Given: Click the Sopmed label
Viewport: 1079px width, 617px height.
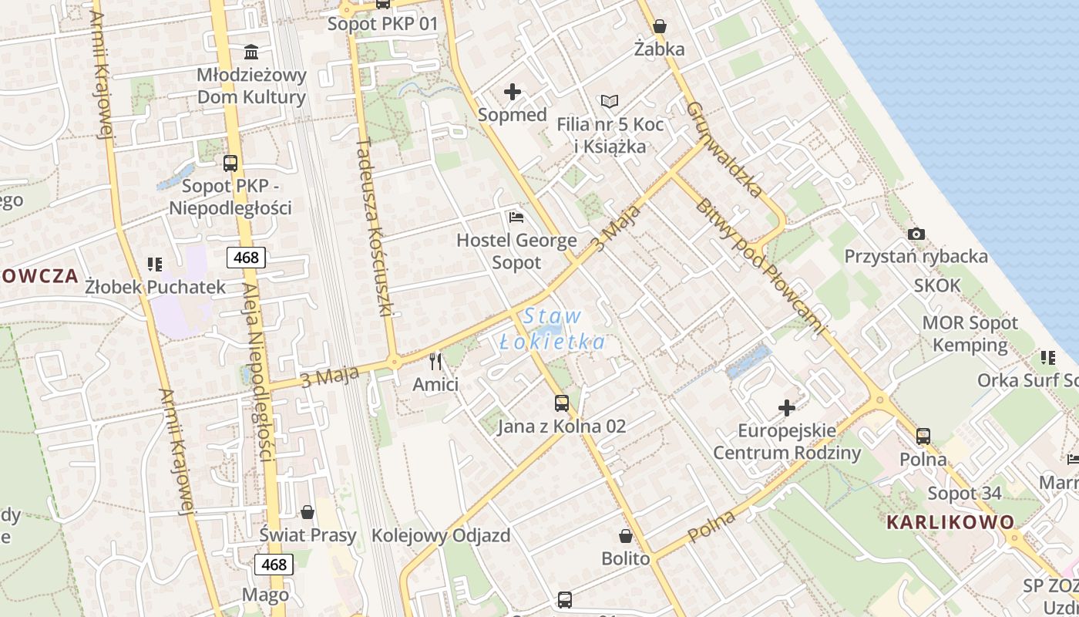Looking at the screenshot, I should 512,115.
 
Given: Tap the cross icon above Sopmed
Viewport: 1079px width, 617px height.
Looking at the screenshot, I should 512,93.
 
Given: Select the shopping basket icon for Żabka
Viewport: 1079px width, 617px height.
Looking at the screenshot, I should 659,26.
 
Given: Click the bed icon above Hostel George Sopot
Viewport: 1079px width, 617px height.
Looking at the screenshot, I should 516,217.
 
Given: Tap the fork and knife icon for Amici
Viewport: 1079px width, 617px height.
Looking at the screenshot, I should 435,361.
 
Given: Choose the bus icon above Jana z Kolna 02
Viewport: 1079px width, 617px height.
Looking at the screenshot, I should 561,403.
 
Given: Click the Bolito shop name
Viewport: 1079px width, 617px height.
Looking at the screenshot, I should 625,558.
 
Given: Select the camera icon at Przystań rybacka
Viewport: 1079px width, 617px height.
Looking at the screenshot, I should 916,234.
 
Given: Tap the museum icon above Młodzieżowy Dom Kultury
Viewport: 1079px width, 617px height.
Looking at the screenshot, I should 251,52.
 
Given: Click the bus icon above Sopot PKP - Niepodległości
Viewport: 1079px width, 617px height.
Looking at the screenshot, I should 230,164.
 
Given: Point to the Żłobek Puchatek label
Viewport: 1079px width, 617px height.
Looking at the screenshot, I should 155,287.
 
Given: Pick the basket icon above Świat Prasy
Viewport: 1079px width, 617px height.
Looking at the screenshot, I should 308,512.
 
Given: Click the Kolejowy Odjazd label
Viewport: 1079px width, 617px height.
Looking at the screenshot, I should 441,535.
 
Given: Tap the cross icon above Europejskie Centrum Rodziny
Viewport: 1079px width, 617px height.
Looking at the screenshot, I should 786,407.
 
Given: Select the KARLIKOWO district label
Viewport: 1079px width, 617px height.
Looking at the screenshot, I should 950,522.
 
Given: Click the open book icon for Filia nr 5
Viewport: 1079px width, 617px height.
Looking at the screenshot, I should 610,101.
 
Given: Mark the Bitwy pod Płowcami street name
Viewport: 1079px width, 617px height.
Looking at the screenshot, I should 759,266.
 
